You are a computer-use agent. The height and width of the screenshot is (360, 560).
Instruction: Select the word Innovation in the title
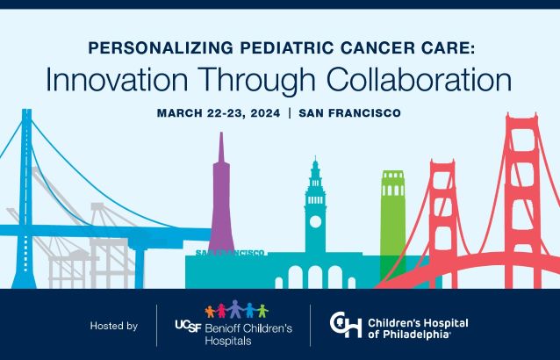[117, 80]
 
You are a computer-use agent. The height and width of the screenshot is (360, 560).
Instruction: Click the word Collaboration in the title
[419, 80]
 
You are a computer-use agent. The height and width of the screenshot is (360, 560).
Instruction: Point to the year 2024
[265, 113]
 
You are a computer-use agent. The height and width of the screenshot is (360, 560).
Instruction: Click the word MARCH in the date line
[180, 113]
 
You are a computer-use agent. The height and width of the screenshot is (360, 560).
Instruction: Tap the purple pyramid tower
[221, 193]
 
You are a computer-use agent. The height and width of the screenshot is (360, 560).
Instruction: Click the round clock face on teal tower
[315, 221]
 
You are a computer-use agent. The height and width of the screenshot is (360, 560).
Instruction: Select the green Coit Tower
[393, 221]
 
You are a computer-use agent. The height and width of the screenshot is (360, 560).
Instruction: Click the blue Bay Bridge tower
[25, 198]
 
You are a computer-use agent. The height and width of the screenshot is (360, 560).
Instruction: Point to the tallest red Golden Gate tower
[522, 200]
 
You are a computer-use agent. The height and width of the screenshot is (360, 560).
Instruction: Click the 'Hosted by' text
[114, 326]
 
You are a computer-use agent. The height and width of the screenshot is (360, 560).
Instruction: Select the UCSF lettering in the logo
[188, 326]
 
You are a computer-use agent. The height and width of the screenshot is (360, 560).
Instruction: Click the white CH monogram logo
[346, 325]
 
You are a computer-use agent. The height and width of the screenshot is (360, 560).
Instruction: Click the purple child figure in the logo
[235, 309]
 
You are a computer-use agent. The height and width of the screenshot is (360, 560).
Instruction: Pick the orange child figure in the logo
[210, 312]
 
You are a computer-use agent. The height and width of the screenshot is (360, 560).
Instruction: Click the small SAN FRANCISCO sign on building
[230, 253]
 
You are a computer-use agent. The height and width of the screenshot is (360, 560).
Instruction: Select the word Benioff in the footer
[220, 328]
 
